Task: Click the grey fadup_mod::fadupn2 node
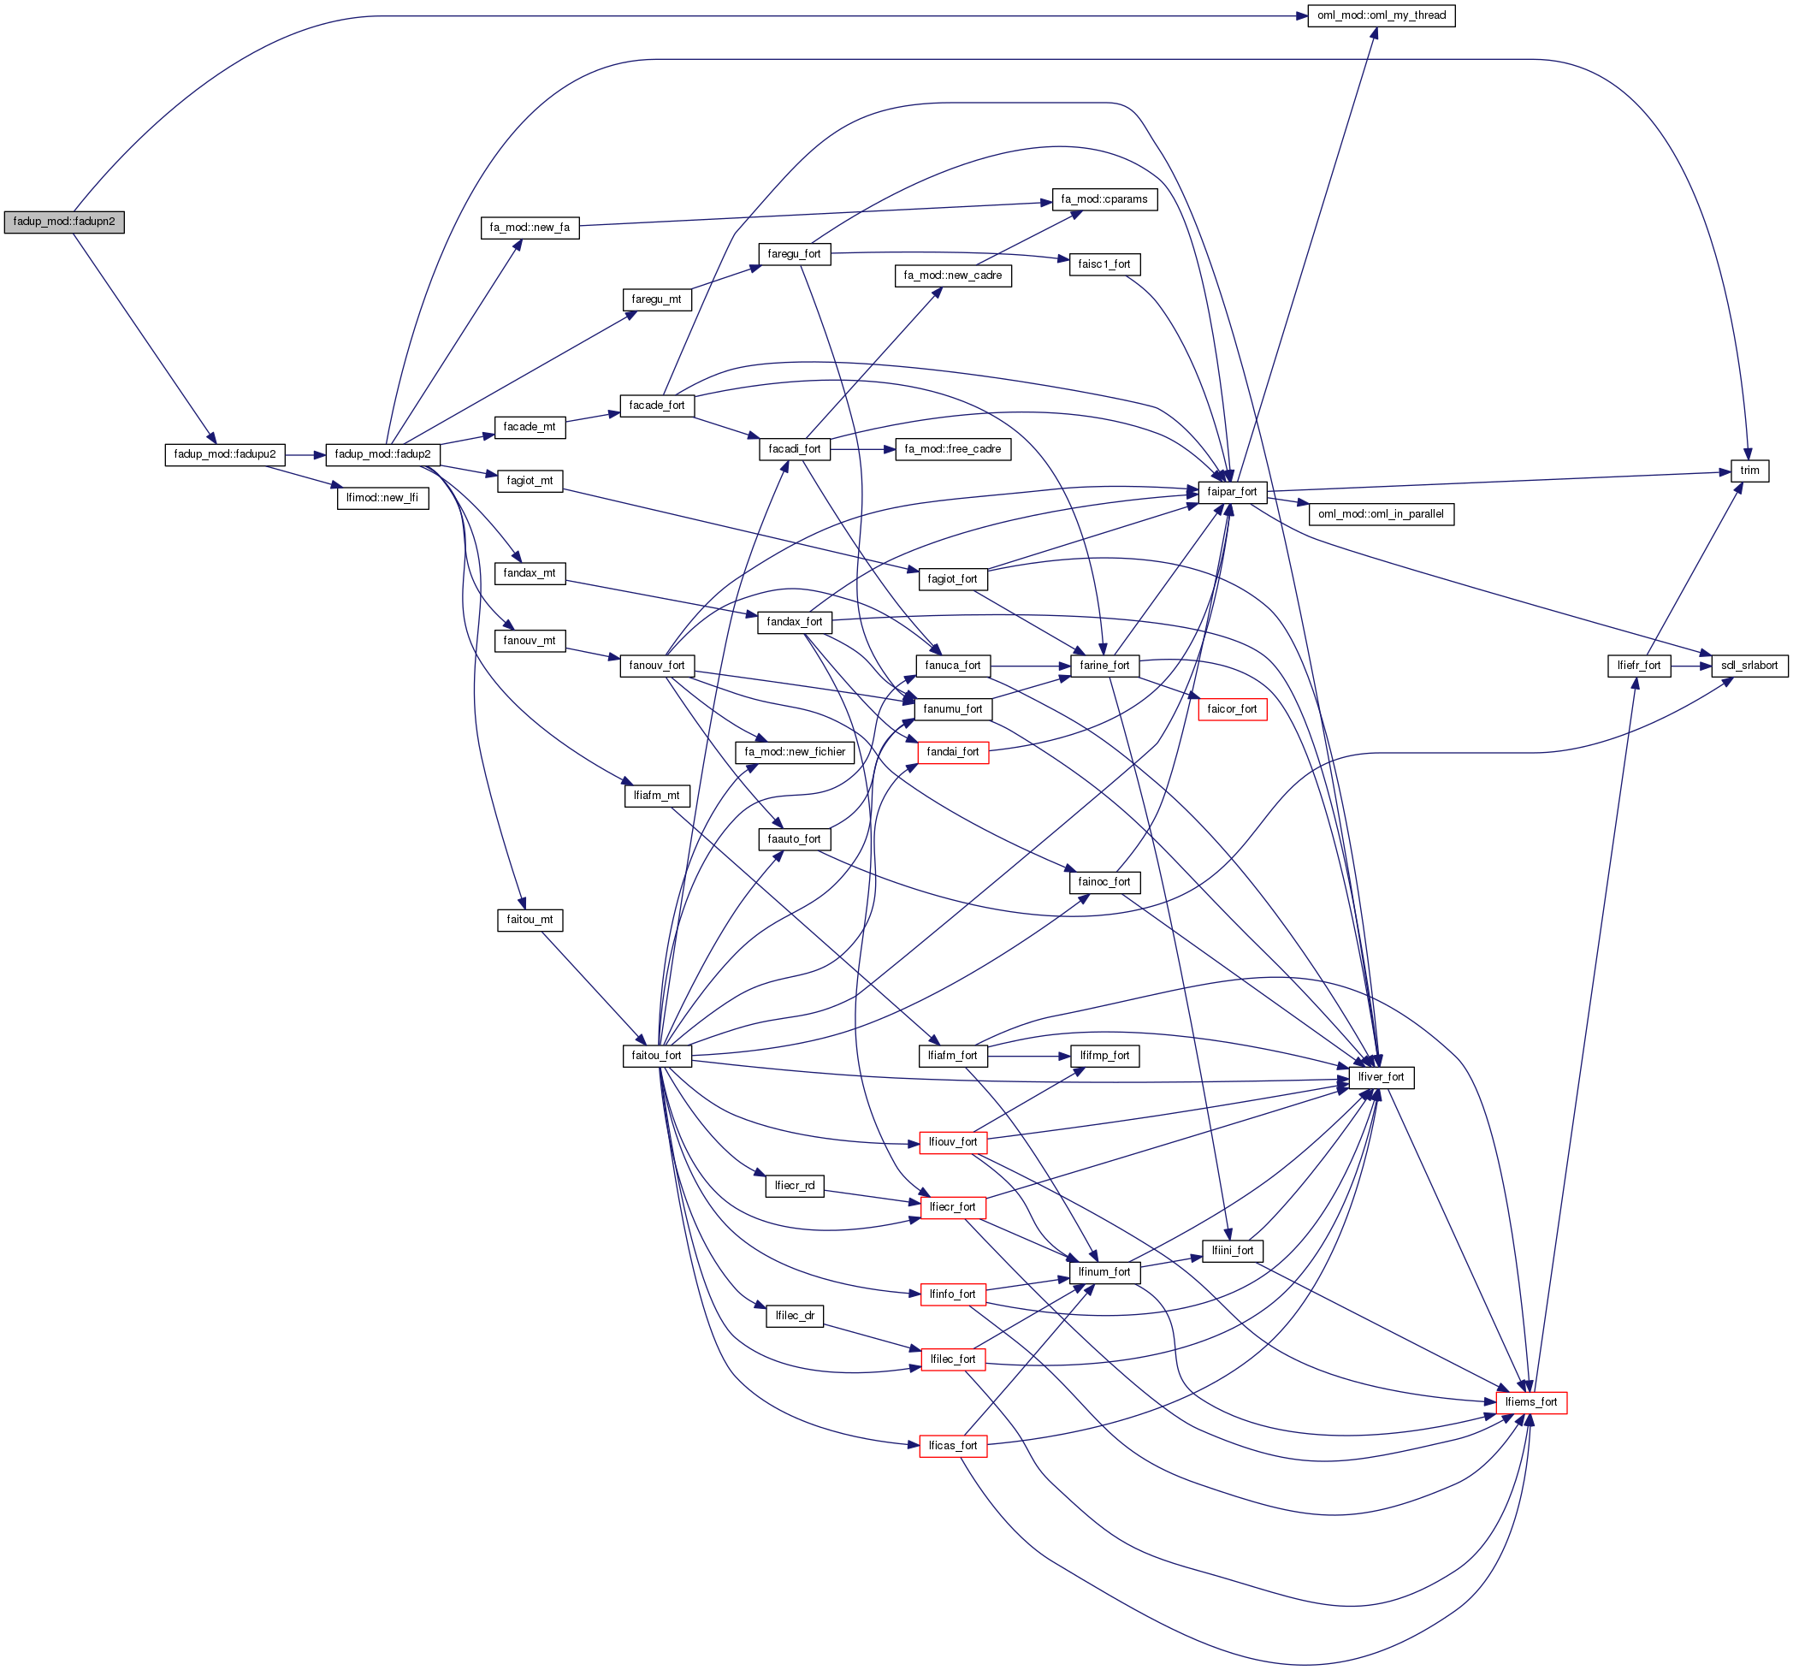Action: coord(64,222)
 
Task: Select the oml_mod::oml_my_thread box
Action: coord(1381,15)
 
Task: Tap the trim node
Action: coord(1749,471)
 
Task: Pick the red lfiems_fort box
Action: coord(1530,1402)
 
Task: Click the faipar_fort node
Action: coord(1231,493)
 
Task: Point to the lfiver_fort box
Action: coord(1381,1077)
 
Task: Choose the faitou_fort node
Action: coord(657,1056)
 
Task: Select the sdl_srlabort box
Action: coord(1749,666)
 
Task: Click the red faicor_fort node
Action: coord(1231,709)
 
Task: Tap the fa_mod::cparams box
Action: coord(1104,199)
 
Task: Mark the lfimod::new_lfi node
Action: coord(382,498)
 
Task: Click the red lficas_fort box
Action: coord(952,1445)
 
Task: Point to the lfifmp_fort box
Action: coord(1104,1056)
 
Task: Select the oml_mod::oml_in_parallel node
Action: coord(1381,514)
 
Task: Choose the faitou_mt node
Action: coord(530,921)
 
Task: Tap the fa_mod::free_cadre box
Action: coord(952,449)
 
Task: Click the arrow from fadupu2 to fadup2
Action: coord(305,455)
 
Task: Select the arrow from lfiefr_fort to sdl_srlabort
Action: coord(1691,666)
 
